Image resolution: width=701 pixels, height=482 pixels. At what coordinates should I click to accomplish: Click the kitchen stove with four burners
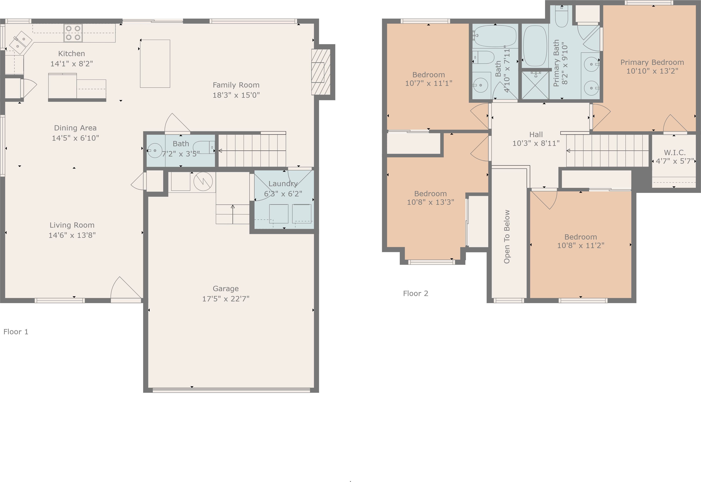pyautogui.click(x=73, y=33)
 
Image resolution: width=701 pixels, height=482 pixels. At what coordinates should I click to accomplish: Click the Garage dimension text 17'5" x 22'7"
pyautogui.click(x=226, y=299)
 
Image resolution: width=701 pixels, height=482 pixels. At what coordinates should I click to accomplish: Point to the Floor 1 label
pyautogui.click(x=16, y=332)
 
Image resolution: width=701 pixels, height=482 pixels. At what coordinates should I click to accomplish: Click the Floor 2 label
pyautogui.click(x=415, y=293)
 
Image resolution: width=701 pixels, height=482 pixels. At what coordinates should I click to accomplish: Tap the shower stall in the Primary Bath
pyautogui.click(x=535, y=85)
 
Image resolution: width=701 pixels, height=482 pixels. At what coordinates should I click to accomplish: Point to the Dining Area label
pyautogui.click(x=75, y=128)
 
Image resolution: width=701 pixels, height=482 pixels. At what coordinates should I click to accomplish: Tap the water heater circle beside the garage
pyautogui.click(x=203, y=181)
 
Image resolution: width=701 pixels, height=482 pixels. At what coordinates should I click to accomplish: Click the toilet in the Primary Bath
pyautogui.click(x=562, y=17)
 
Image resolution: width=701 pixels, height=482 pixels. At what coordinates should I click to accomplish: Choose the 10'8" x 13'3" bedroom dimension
pyautogui.click(x=430, y=202)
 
